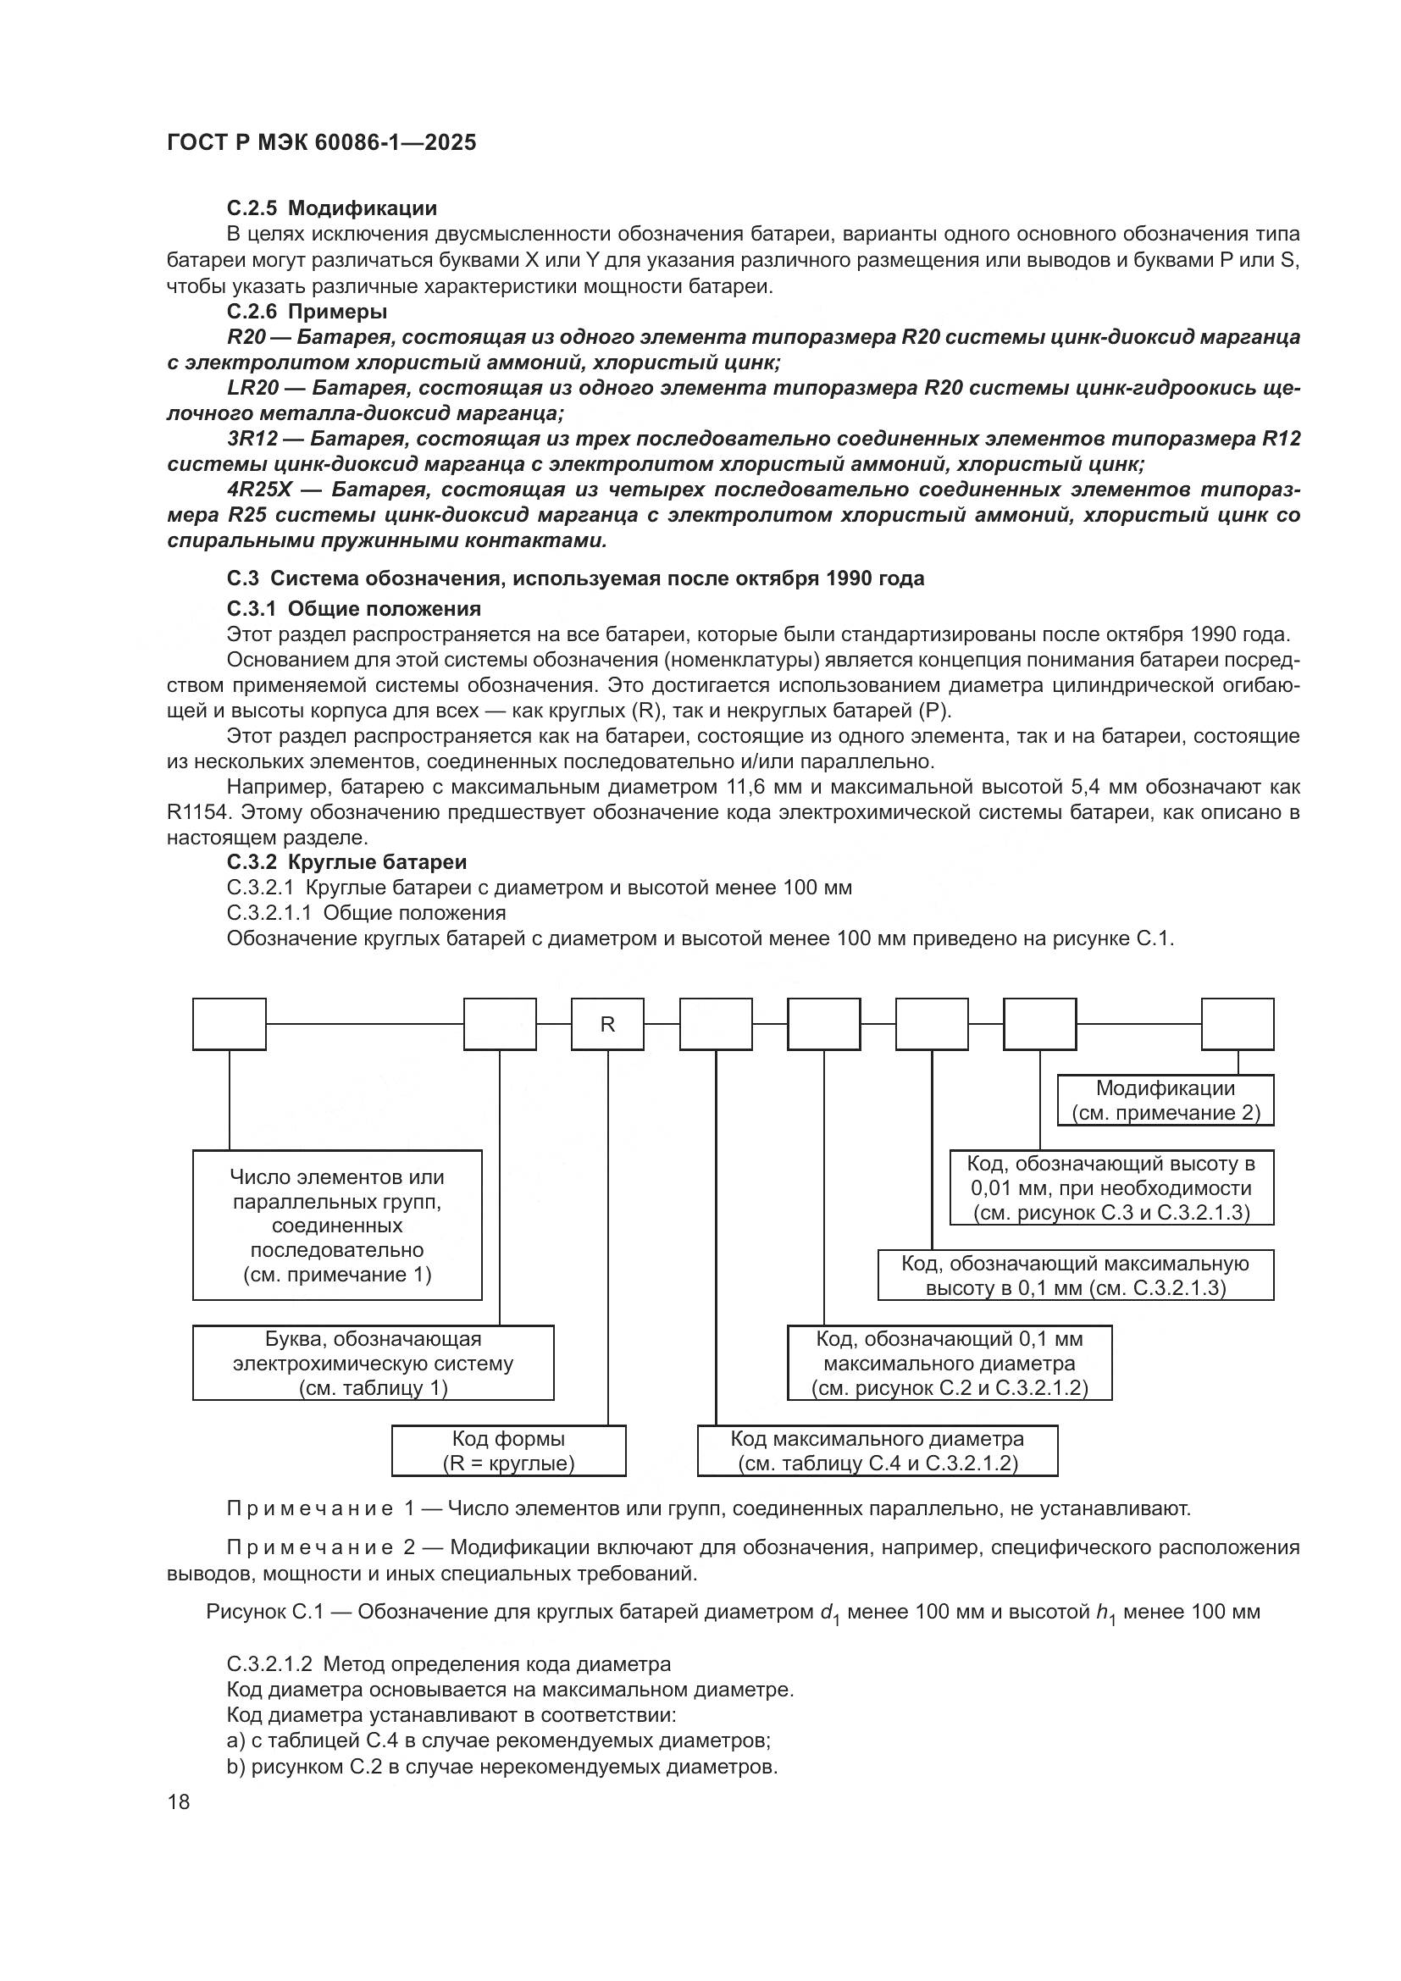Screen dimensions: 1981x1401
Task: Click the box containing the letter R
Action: point(607,1024)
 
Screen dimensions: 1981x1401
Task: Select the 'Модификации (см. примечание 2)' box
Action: point(1166,1100)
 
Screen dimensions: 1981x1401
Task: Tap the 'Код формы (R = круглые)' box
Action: point(508,1450)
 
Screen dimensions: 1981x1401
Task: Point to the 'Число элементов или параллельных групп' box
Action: point(336,1226)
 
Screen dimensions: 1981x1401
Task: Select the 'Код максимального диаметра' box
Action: point(878,1450)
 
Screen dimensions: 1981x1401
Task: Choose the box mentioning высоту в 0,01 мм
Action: point(1111,1187)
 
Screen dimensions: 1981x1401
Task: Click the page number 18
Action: point(179,1801)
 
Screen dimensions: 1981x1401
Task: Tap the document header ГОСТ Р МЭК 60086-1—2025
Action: point(321,143)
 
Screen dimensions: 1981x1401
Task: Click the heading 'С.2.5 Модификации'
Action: point(331,208)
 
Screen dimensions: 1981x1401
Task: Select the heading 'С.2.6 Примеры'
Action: point(307,312)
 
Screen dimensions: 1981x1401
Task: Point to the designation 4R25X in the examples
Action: point(260,490)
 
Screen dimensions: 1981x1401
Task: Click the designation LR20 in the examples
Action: point(253,388)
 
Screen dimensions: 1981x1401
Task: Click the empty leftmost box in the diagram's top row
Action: point(229,1024)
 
